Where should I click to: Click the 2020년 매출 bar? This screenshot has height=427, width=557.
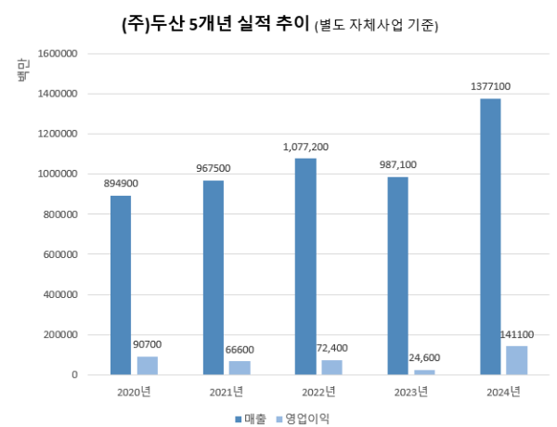[x=120, y=285]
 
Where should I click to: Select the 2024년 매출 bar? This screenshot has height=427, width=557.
[x=489, y=237]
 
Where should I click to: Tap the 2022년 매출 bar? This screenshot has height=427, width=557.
[x=304, y=266]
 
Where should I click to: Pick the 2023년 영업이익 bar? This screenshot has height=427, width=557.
[x=424, y=371]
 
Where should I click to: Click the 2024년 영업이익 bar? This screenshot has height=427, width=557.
[x=517, y=360]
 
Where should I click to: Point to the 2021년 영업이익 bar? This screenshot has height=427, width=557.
[x=240, y=368]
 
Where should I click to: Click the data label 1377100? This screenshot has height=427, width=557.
[x=489, y=86]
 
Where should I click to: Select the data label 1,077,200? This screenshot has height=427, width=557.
[x=304, y=147]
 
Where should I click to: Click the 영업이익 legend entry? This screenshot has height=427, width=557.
[x=302, y=418]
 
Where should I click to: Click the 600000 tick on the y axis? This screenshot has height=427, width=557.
[x=63, y=254]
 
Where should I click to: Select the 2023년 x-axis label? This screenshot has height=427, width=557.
[x=411, y=391]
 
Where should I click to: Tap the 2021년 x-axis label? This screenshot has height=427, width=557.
[x=227, y=391]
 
